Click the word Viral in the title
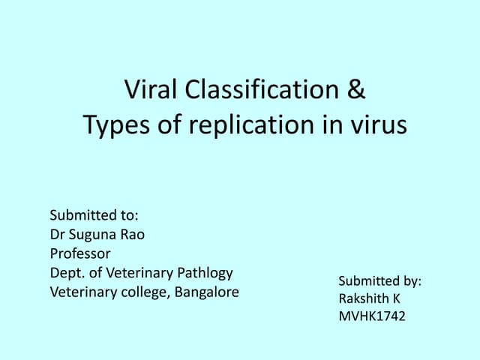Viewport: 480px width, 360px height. [150, 91]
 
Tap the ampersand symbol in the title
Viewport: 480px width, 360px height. [357, 91]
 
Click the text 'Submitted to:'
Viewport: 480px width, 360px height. [94, 215]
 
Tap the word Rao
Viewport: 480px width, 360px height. [133, 234]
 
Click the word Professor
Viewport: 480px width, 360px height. [80, 253]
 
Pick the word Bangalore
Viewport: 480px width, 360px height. [207, 292]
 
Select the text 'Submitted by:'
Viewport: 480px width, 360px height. [379, 280]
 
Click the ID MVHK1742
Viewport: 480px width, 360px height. [372, 316]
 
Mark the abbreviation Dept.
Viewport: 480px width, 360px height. [65, 273]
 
